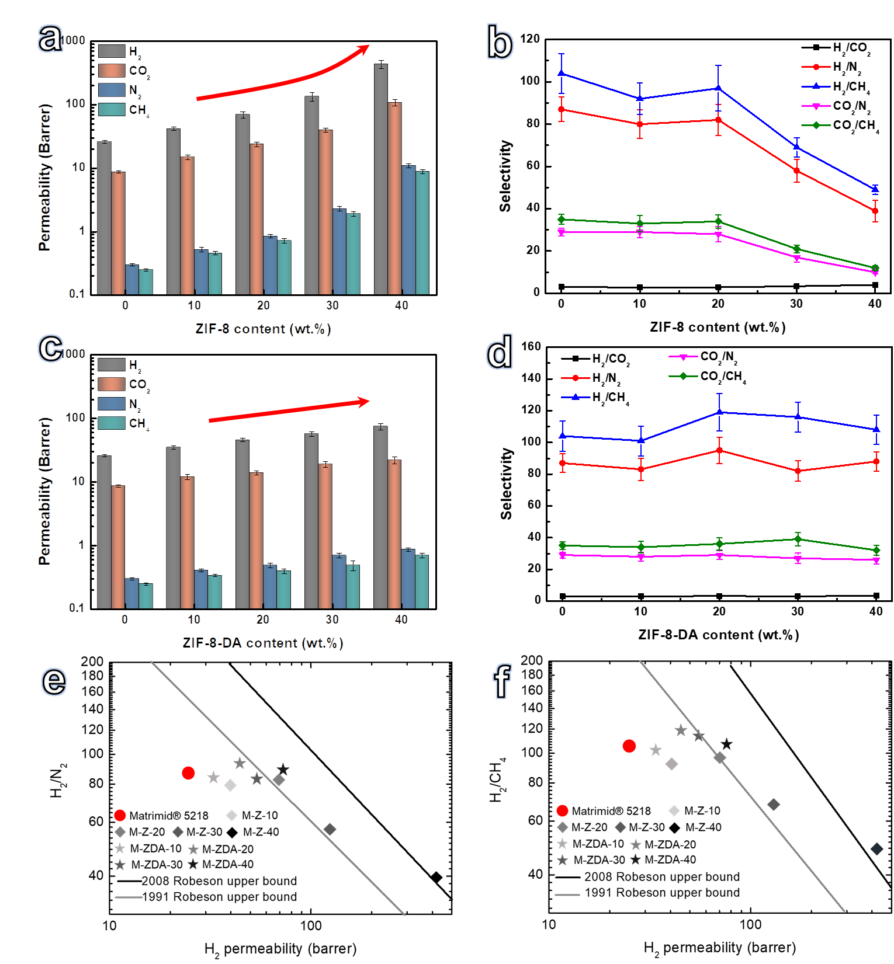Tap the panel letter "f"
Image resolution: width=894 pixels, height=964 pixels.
click(x=502, y=681)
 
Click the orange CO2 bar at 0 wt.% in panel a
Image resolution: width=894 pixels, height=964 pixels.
click(x=119, y=233)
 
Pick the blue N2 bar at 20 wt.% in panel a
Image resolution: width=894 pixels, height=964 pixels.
click(x=270, y=265)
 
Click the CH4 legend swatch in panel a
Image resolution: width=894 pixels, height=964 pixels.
click(x=112, y=109)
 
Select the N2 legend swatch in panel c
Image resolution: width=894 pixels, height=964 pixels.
click(x=112, y=403)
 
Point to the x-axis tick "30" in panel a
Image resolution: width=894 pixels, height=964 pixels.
click(x=332, y=305)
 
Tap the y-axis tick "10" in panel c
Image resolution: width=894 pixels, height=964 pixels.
click(x=78, y=481)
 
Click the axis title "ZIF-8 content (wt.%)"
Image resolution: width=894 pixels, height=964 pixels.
click(x=263, y=329)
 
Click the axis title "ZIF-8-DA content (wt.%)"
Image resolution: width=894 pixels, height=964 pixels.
click(x=263, y=643)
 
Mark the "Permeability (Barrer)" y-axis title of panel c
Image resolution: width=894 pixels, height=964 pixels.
click(x=44, y=491)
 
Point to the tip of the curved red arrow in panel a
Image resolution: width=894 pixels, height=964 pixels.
click(x=369, y=46)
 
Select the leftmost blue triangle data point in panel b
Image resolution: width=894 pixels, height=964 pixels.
click(x=562, y=73)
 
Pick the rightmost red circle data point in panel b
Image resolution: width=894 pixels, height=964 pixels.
click(x=875, y=211)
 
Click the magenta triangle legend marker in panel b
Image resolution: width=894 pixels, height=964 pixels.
click(x=816, y=106)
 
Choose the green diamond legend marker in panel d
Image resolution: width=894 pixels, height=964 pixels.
click(x=683, y=376)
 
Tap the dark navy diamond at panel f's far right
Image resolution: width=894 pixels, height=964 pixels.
click(x=876, y=849)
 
